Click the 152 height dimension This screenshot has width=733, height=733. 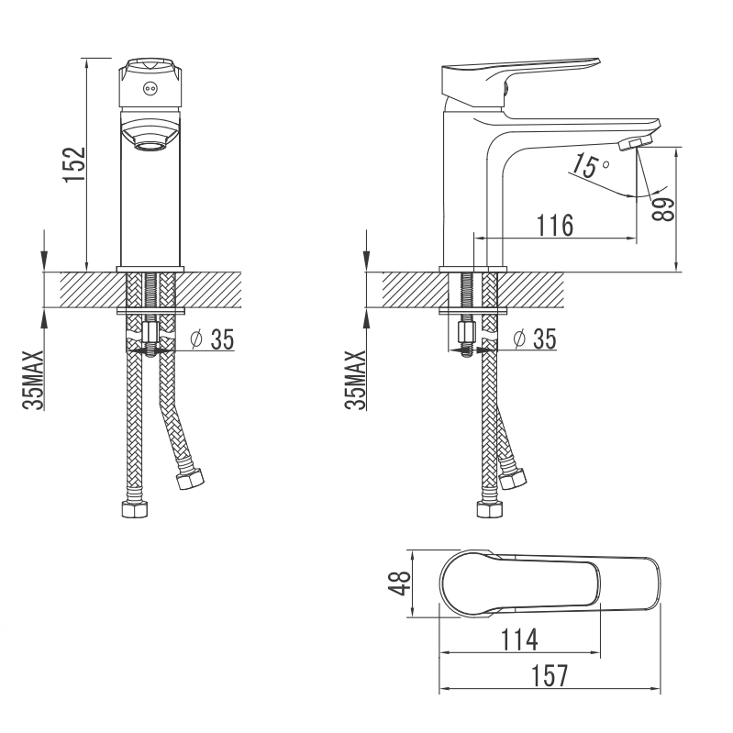point(75,165)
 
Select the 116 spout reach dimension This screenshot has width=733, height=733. point(554,226)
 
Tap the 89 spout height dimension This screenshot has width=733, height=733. point(664,208)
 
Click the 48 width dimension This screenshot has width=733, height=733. point(400,583)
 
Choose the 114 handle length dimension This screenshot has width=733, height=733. point(519,639)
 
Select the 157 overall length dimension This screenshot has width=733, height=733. point(550,675)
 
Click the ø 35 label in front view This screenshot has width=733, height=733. point(212,339)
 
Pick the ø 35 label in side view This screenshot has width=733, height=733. point(535,339)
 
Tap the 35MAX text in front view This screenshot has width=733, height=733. point(33,380)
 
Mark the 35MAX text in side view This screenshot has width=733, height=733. point(356,380)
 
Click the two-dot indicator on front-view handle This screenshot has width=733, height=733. point(150,87)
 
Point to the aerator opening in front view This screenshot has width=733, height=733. point(150,146)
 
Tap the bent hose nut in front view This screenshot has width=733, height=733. point(190,479)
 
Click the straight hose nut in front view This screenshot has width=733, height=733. point(135,508)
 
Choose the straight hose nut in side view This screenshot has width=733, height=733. point(490,508)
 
